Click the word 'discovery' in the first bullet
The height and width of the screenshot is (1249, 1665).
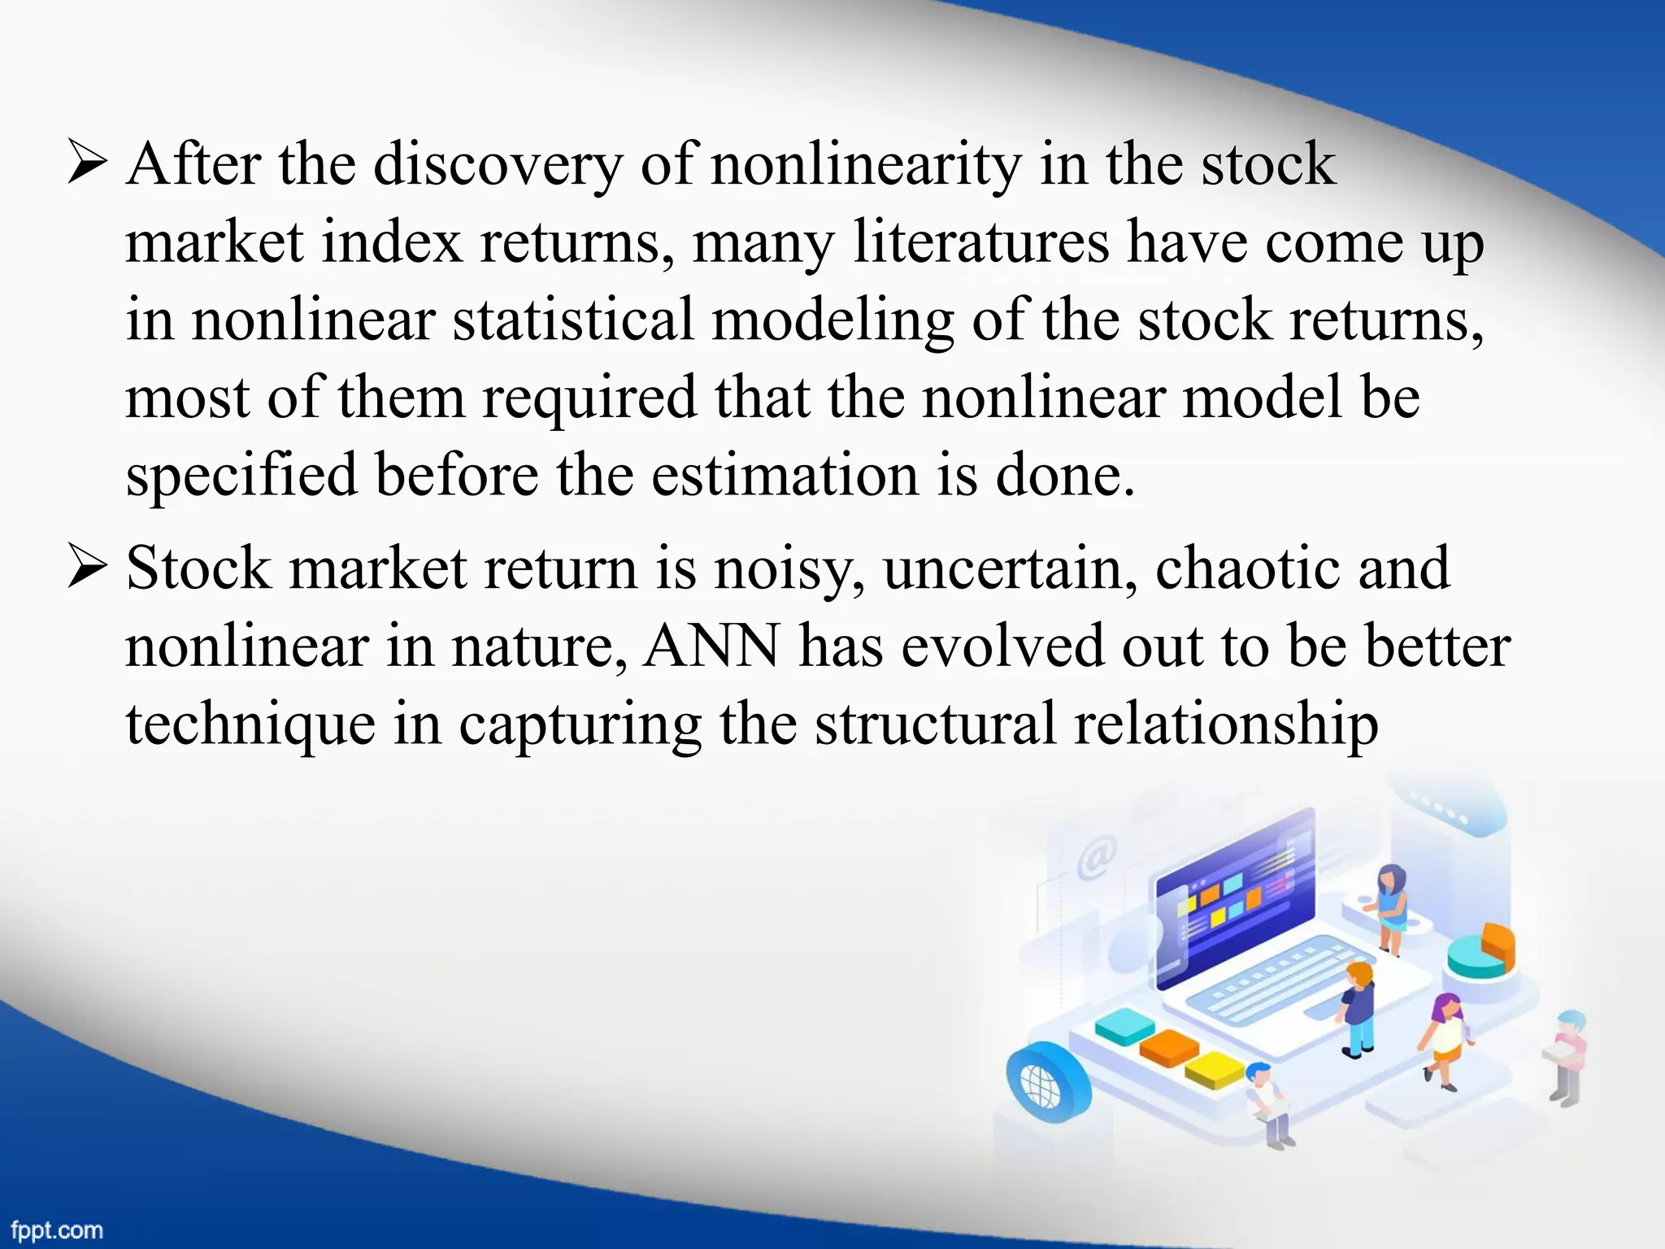click(498, 165)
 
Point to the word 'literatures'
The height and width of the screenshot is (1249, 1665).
click(981, 242)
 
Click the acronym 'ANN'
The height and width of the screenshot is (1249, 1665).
click(711, 646)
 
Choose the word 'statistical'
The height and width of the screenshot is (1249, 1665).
click(573, 320)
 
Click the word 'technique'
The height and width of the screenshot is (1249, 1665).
click(250, 724)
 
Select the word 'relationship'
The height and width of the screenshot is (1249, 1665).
click(1225, 724)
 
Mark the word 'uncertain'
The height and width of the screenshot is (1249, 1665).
click(1011, 568)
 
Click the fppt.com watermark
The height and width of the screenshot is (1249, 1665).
click(57, 1230)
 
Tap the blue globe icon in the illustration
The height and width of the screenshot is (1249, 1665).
click(1043, 1081)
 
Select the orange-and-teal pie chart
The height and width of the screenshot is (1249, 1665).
click(1481, 951)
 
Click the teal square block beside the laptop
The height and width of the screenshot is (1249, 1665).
click(1124, 1025)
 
